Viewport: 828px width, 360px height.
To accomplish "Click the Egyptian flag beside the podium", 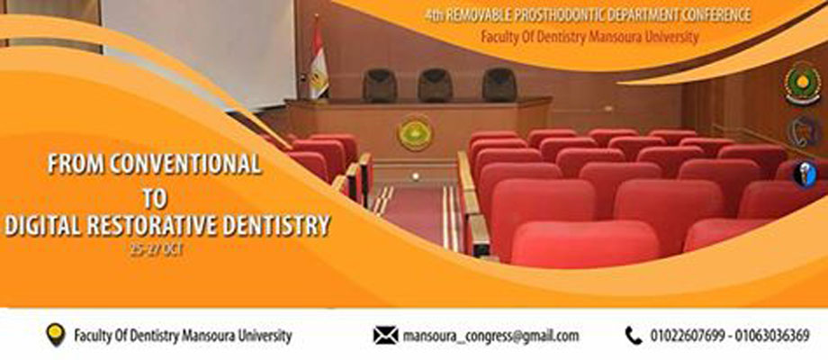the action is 318,60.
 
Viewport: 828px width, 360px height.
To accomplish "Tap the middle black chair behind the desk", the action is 435,85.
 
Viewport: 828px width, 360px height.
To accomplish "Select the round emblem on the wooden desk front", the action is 415,132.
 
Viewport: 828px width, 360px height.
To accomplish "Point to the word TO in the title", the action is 155,197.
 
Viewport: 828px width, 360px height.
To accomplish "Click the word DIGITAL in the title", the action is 42,225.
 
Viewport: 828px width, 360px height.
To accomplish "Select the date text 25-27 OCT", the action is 157,250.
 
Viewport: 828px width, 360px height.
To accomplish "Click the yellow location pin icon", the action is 56,334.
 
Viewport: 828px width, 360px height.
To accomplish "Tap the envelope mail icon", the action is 385,336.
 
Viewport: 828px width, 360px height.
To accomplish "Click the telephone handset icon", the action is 633,336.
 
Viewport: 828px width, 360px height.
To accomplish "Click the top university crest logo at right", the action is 803,85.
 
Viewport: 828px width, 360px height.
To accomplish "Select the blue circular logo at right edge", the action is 805,175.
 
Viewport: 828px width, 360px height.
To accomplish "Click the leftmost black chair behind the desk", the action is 380,85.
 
